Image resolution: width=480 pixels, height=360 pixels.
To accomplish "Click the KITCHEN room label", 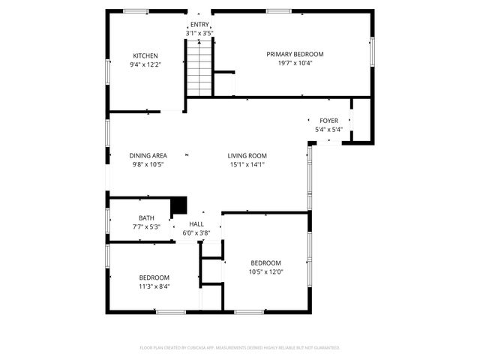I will (145, 56).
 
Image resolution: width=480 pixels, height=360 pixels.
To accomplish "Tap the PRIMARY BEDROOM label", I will (295, 54).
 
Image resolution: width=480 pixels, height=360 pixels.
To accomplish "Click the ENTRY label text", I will (199, 25).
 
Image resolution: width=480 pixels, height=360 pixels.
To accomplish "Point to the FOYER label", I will (328, 121).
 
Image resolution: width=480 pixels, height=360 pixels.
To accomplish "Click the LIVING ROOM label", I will (247, 155).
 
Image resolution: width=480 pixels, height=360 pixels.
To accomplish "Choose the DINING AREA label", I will (148, 155).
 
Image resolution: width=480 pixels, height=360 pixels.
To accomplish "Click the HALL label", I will (196, 224).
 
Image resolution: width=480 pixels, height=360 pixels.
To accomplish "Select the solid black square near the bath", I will (178, 205).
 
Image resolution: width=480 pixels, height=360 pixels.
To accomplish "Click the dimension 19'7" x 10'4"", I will (295, 63).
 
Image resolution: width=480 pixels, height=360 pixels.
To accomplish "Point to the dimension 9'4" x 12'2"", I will (145, 64).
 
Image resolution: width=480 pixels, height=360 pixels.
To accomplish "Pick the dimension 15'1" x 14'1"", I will (247, 164).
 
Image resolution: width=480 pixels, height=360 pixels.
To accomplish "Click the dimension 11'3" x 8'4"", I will (154, 286).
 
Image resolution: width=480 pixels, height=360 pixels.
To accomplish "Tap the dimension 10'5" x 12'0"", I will (265, 271).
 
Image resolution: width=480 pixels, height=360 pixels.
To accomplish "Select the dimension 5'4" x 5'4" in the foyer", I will (328, 130).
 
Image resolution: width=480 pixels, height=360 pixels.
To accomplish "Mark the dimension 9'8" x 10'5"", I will (148, 164).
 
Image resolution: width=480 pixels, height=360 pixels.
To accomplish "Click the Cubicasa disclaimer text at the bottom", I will (240, 347).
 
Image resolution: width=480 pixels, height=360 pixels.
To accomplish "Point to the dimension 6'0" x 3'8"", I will (196, 232).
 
